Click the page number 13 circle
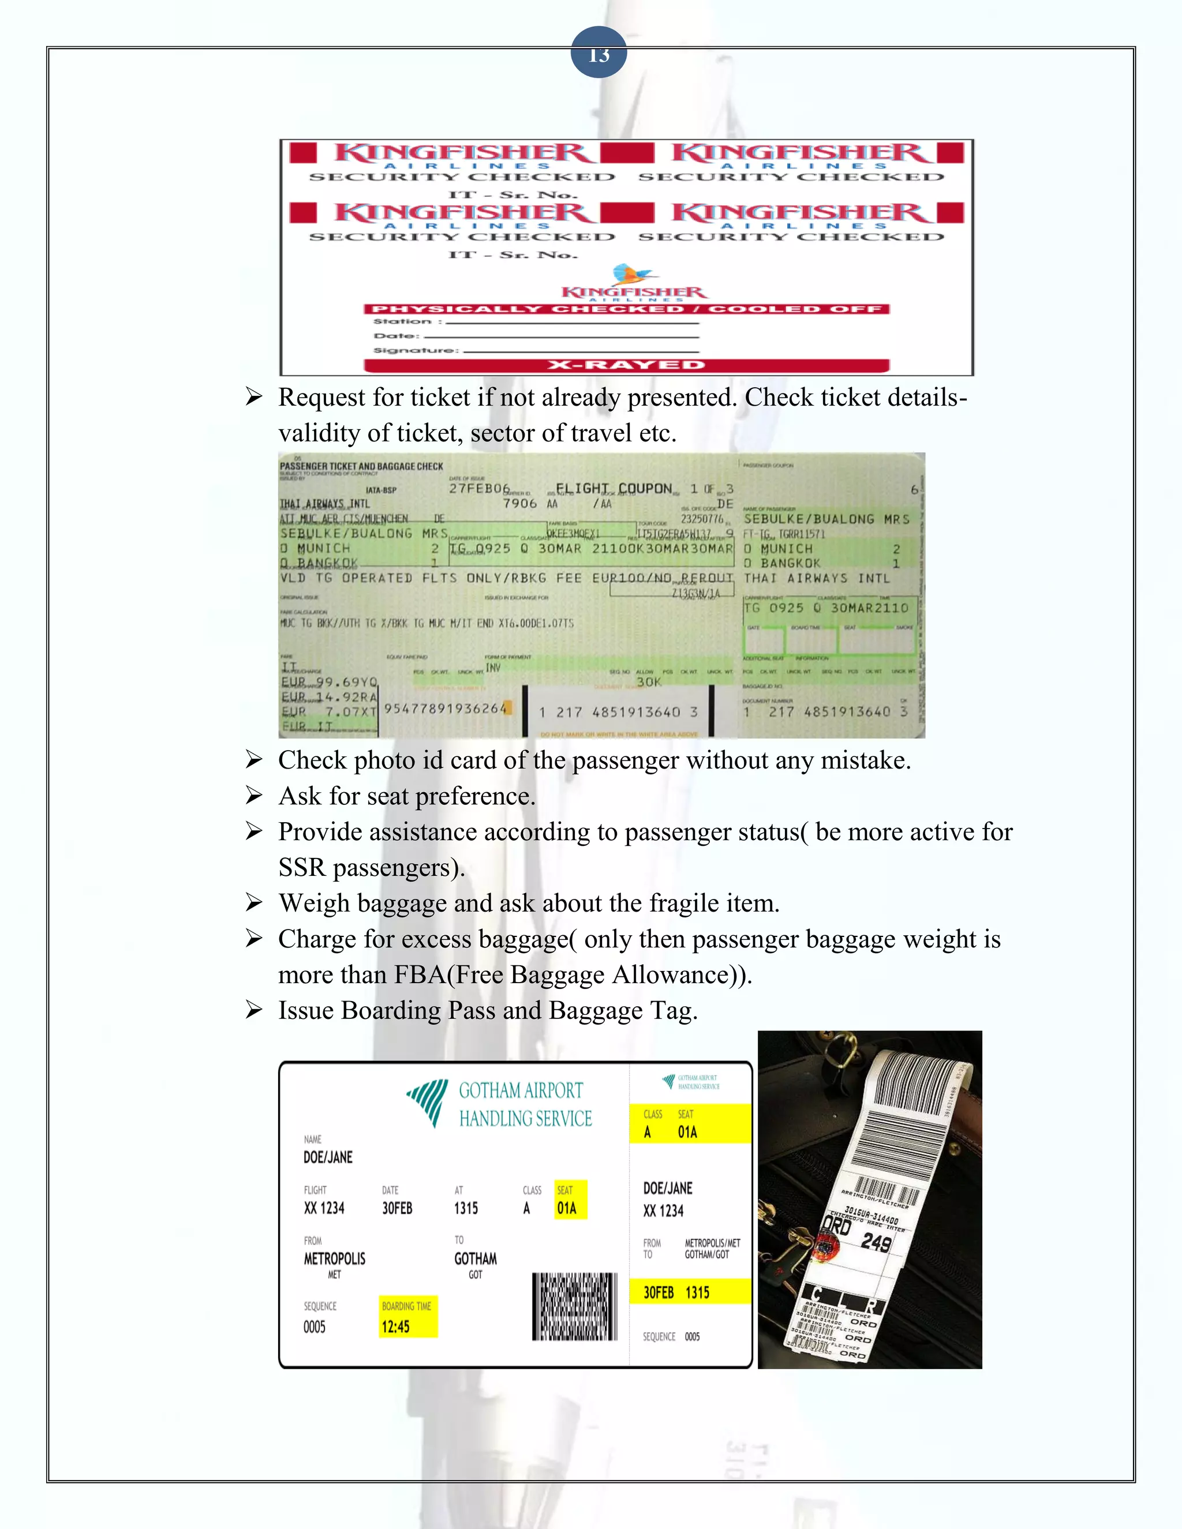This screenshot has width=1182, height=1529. (x=598, y=53)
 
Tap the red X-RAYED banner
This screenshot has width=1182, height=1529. (x=626, y=365)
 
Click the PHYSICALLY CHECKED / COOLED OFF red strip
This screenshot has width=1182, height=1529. (x=626, y=309)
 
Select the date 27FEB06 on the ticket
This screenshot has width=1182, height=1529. (x=480, y=488)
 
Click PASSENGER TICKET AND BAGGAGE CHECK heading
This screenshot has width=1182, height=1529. (x=361, y=466)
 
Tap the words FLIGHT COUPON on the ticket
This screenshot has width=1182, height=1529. (x=614, y=488)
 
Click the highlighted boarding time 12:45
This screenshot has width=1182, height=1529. (x=395, y=1326)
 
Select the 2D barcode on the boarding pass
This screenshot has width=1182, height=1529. (x=575, y=1306)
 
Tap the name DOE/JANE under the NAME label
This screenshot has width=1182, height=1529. (x=328, y=1157)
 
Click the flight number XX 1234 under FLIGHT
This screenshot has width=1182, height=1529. (x=324, y=1208)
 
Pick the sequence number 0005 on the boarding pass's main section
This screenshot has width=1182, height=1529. (x=315, y=1326)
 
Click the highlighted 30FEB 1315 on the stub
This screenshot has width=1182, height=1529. (x=676, y=1292)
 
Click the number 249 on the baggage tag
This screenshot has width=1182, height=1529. (x=876, y=1243)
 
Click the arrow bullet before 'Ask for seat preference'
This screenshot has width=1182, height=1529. (x=253, y=796)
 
